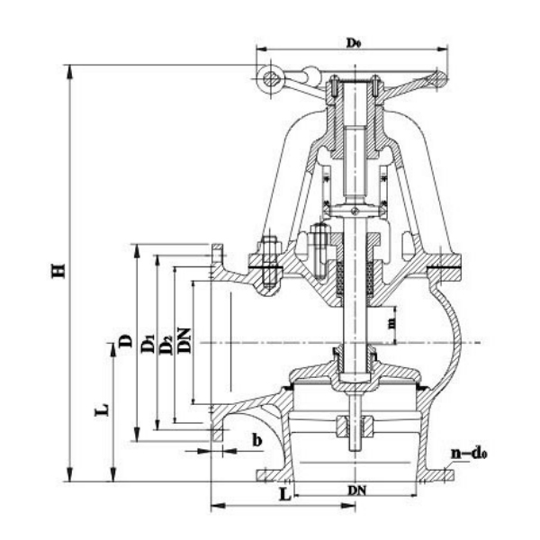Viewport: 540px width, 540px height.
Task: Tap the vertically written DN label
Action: coord(183,340)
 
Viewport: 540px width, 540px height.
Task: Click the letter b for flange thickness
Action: coord(256,441)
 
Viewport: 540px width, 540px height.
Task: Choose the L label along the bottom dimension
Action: coord(284,494)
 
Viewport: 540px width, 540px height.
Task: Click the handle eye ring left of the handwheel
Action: coord(271,78)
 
